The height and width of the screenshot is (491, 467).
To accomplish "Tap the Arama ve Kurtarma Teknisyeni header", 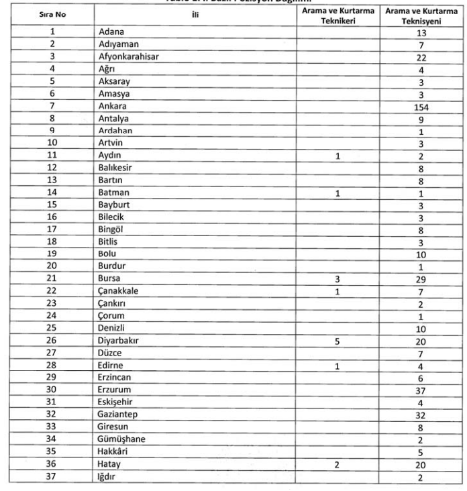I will pyautogui.click(x=421, y=16).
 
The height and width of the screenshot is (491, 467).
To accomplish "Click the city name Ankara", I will pyautogui.click(x=112, y=107).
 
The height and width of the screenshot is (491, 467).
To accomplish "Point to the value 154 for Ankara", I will pyautogui.click(x=421, y=107).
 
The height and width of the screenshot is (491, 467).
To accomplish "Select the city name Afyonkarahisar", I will pyautogui.click(x=128, y=57).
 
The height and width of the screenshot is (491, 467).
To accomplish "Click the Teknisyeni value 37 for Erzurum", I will pyautogui.click(x=421, y=390).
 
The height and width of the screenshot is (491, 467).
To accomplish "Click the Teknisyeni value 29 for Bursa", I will pyautogui.click(x=421, y=278).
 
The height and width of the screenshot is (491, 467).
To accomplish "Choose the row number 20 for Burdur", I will pyautogui.click(x=52, y=266).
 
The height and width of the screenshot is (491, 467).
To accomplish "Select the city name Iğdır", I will pyautogui.click(x=109, y=477).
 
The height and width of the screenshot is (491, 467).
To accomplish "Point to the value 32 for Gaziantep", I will pyautogui.click(x=421, y=415).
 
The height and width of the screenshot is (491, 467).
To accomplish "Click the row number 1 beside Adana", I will pyautogui.click(x=52, y=32).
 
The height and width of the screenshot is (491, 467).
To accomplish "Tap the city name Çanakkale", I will pyautogui.click(x=119, y=291).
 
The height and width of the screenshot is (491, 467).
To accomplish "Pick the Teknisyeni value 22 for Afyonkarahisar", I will pyautogui.click(x=421, y=57).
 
